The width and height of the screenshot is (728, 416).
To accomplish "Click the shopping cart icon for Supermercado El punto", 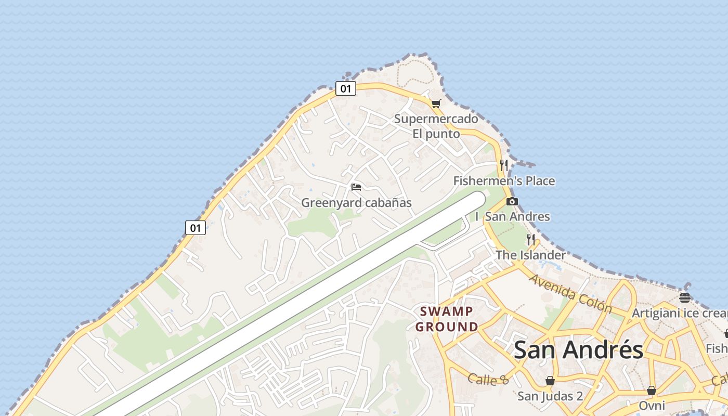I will [x=436, y=103].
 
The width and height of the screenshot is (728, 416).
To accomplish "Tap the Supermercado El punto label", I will [x=436, y=126].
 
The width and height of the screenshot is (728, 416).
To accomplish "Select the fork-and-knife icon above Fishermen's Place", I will [x=503, y=165].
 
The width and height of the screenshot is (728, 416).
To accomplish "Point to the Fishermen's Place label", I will [x=504, y=181].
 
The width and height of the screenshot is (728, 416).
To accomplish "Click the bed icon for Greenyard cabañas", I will [x=356, y=187].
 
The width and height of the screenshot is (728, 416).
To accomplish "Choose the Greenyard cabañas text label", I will [x=356, y=203].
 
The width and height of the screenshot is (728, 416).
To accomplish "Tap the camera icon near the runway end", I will [x=512, y=201].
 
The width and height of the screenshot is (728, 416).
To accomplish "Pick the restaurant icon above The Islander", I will [x=531, y=239].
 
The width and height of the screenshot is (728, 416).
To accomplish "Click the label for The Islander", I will [x=530, y=255].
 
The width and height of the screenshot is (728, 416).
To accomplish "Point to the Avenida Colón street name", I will [x=570, y=293].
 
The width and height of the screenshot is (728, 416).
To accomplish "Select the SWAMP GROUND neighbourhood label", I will [x=447, y=319].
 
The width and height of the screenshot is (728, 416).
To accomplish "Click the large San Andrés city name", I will [x=578, y=350].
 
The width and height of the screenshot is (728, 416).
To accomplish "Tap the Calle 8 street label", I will [x=488, y=380].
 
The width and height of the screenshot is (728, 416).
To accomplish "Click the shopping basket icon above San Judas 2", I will [x=550, y=381].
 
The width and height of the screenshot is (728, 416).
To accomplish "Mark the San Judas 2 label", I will [x=550, y=396].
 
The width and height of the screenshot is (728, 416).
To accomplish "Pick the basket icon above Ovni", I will [x=651, y=390].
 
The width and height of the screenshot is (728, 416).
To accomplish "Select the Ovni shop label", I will [x=652, y=406].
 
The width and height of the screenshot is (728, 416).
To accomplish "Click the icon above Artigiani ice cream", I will [x=685, y=297].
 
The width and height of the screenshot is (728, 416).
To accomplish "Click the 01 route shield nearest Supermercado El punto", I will [x=345, y=88].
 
